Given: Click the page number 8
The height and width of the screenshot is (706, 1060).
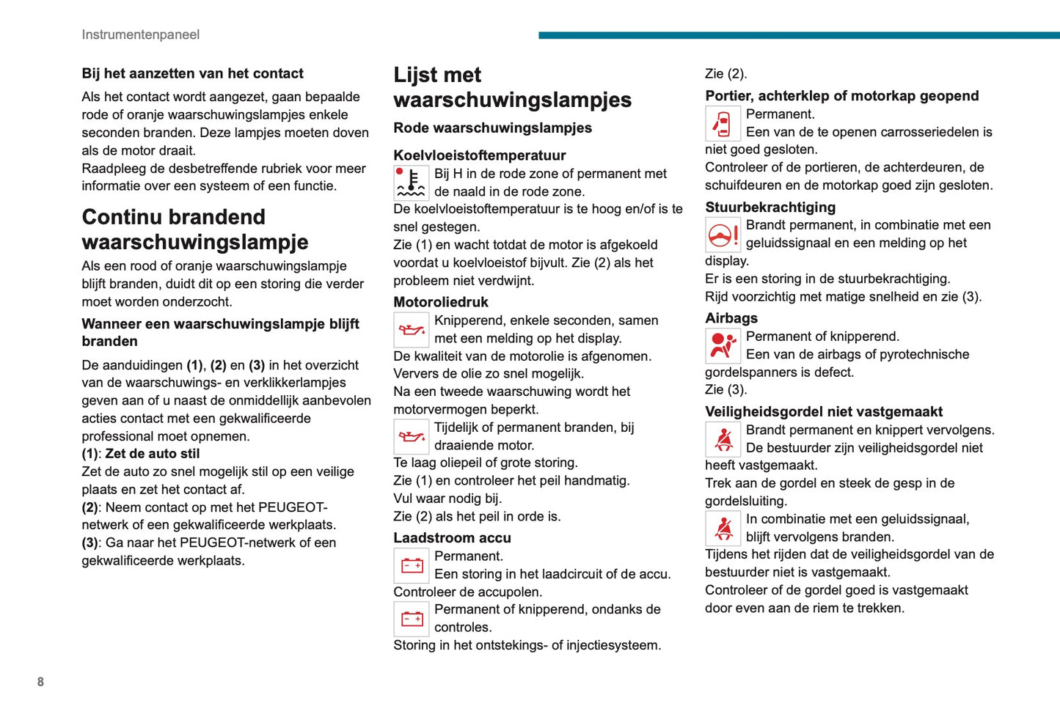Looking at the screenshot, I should click(40, 682).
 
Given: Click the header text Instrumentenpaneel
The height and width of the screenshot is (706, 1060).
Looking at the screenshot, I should click(140, 34).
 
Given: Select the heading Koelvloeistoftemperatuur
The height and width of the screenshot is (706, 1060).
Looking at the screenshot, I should click(479, 155).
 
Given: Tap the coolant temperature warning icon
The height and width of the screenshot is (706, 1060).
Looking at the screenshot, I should click(412, 183).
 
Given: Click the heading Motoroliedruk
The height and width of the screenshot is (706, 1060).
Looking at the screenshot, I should click(440, 302).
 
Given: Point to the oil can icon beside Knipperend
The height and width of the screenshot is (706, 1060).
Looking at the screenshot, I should click(412, 330).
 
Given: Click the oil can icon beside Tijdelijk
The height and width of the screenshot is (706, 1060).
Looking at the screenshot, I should click(412, 437).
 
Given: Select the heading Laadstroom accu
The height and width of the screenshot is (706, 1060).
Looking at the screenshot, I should click(452, 538).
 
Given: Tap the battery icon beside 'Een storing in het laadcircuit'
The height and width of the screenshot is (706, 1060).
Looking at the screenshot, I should click(412, 565).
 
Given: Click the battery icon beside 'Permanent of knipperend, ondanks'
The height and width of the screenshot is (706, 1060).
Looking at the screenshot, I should click(412, 619).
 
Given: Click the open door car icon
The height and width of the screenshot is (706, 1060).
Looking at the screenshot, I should click(723, 124).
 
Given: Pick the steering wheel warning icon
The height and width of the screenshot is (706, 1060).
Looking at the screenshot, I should click(723, 235).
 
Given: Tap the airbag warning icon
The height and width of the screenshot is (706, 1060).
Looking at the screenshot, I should click(723, 346).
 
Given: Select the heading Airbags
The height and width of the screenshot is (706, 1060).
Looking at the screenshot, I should click(731, 318).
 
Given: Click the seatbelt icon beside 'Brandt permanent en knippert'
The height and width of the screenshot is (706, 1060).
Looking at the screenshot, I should click(723, 439).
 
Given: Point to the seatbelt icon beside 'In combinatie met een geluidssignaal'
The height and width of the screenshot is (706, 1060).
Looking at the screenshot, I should click(723, 528).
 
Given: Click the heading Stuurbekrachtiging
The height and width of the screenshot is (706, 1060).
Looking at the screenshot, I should click(770, 207).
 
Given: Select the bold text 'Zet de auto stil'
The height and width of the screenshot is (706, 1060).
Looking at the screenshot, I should click(152, 454).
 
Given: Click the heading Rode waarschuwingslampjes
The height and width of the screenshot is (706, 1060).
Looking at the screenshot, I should click(492, 128).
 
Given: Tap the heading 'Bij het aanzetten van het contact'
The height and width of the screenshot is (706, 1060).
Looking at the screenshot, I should click(192, 73).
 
